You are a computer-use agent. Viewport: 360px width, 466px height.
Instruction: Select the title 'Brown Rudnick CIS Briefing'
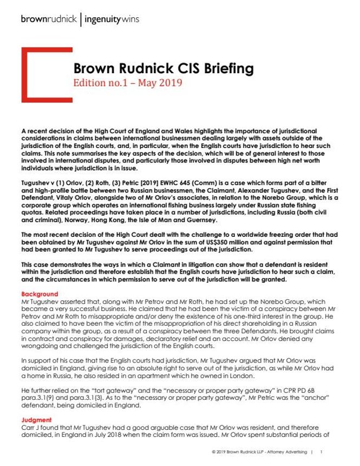click(163, 69)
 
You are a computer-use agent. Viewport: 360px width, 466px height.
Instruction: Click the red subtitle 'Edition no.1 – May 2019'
click(127, 83)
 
